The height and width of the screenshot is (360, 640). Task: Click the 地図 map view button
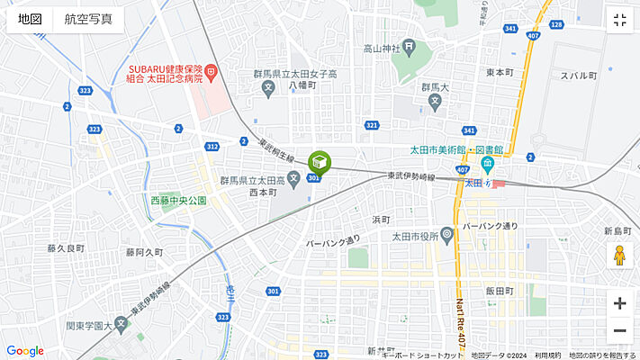pos(30,20)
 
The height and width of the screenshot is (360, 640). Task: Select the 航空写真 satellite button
pos(88,20)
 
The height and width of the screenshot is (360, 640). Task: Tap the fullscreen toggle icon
pos(619,21)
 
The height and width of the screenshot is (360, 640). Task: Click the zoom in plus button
pos(619,303)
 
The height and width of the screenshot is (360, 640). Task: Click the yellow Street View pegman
pos(619,256)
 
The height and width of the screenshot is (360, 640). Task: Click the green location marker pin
pos(320,163)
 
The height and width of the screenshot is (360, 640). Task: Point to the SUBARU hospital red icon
pos(210,70)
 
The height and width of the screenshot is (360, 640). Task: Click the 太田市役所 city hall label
pos(414,237)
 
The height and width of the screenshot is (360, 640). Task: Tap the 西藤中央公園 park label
pos(178,200)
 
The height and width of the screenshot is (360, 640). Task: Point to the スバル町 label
pos(579,76)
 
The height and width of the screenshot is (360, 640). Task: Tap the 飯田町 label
pos(498,291)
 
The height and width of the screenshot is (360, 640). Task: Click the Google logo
pos(24,351)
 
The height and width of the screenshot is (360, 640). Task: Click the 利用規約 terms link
pos(547,355)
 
